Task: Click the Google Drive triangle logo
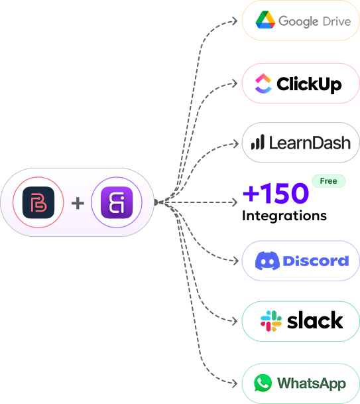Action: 265,21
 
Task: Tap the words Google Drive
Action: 314,21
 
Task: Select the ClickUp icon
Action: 264,84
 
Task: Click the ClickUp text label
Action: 309,84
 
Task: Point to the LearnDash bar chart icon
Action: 257,142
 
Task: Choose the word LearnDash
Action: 309,142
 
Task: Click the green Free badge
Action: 328,181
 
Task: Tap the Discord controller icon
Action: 267,261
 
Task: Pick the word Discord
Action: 316,261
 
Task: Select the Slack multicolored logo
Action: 271,321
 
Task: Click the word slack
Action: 315,321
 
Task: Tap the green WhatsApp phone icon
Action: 263,383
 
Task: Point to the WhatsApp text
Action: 311,383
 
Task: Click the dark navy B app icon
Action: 38,202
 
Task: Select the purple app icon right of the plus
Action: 117,202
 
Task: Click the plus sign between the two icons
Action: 78,202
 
